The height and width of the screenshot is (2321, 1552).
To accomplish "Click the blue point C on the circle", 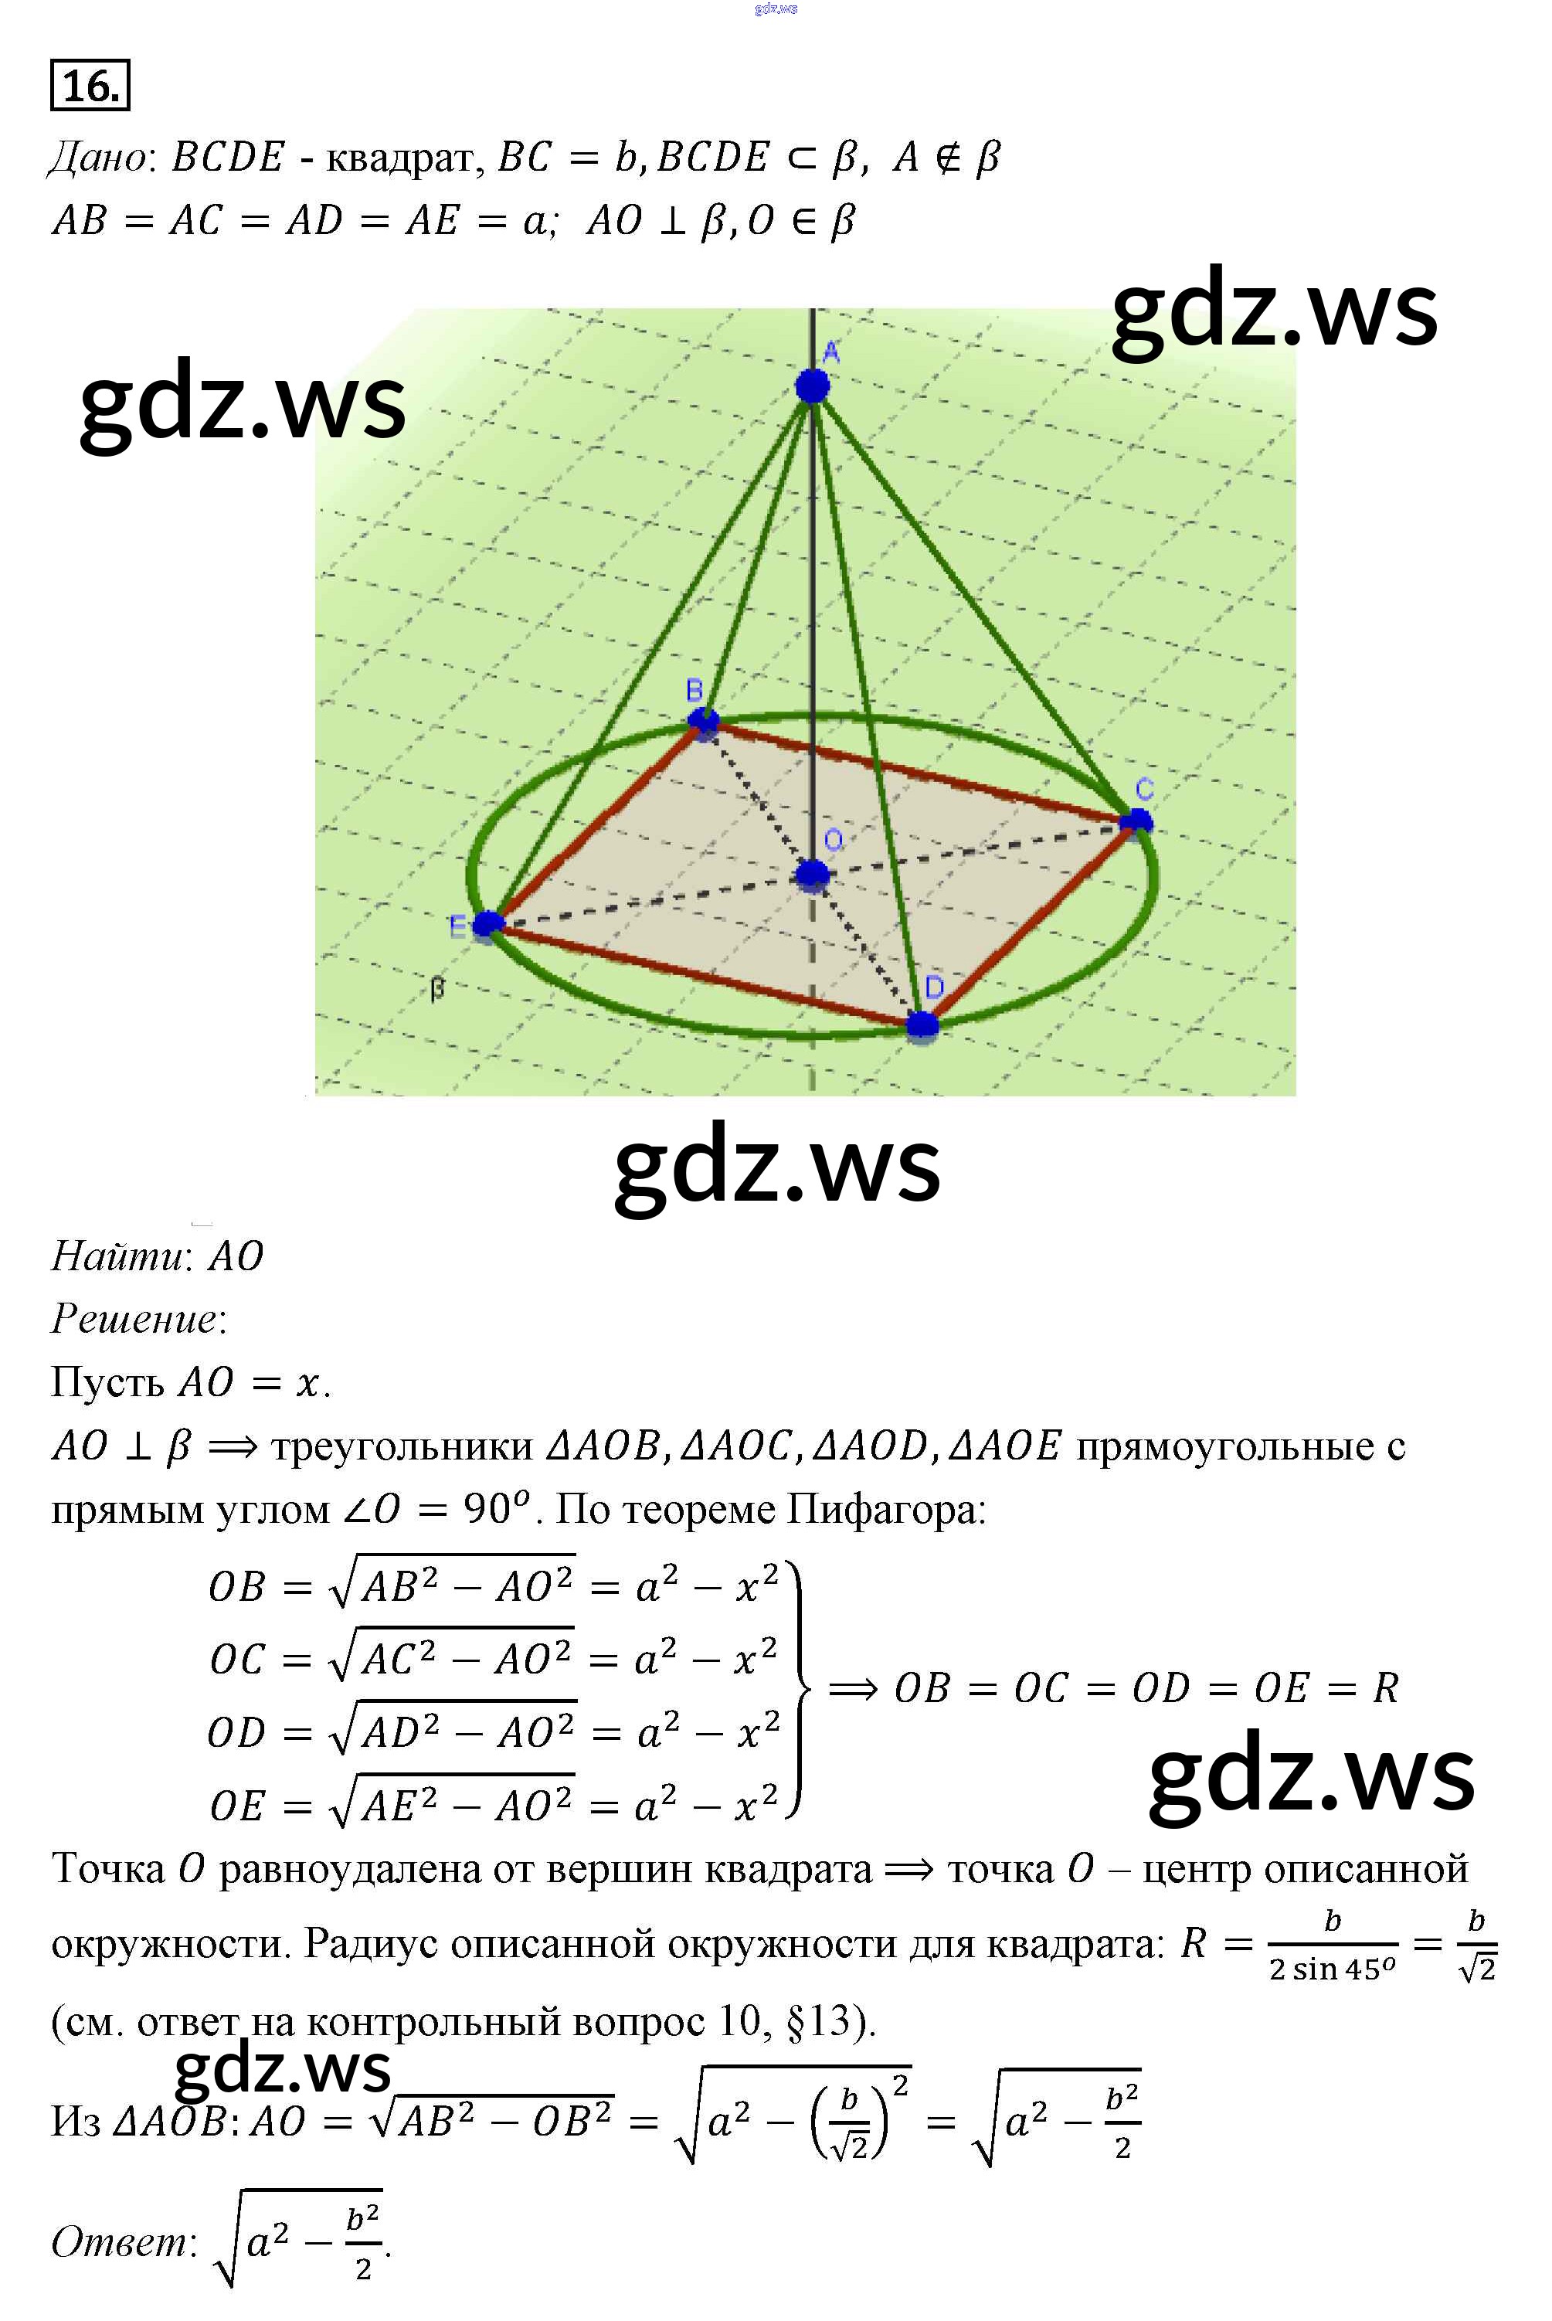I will click(1136, 821).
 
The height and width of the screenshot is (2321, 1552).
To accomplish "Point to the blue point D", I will click(922, 1025).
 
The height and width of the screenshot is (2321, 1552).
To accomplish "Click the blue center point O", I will click(813, 874).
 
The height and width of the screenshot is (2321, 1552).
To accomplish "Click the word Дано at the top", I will click(98, 158).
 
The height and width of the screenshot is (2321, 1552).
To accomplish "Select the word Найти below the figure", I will click(117, 1256).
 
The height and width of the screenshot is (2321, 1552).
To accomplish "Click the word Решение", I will click(134, 1320).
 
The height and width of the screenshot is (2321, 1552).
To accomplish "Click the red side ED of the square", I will click(703, 975).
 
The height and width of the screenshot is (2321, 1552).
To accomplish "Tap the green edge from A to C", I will click(975, 603).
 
